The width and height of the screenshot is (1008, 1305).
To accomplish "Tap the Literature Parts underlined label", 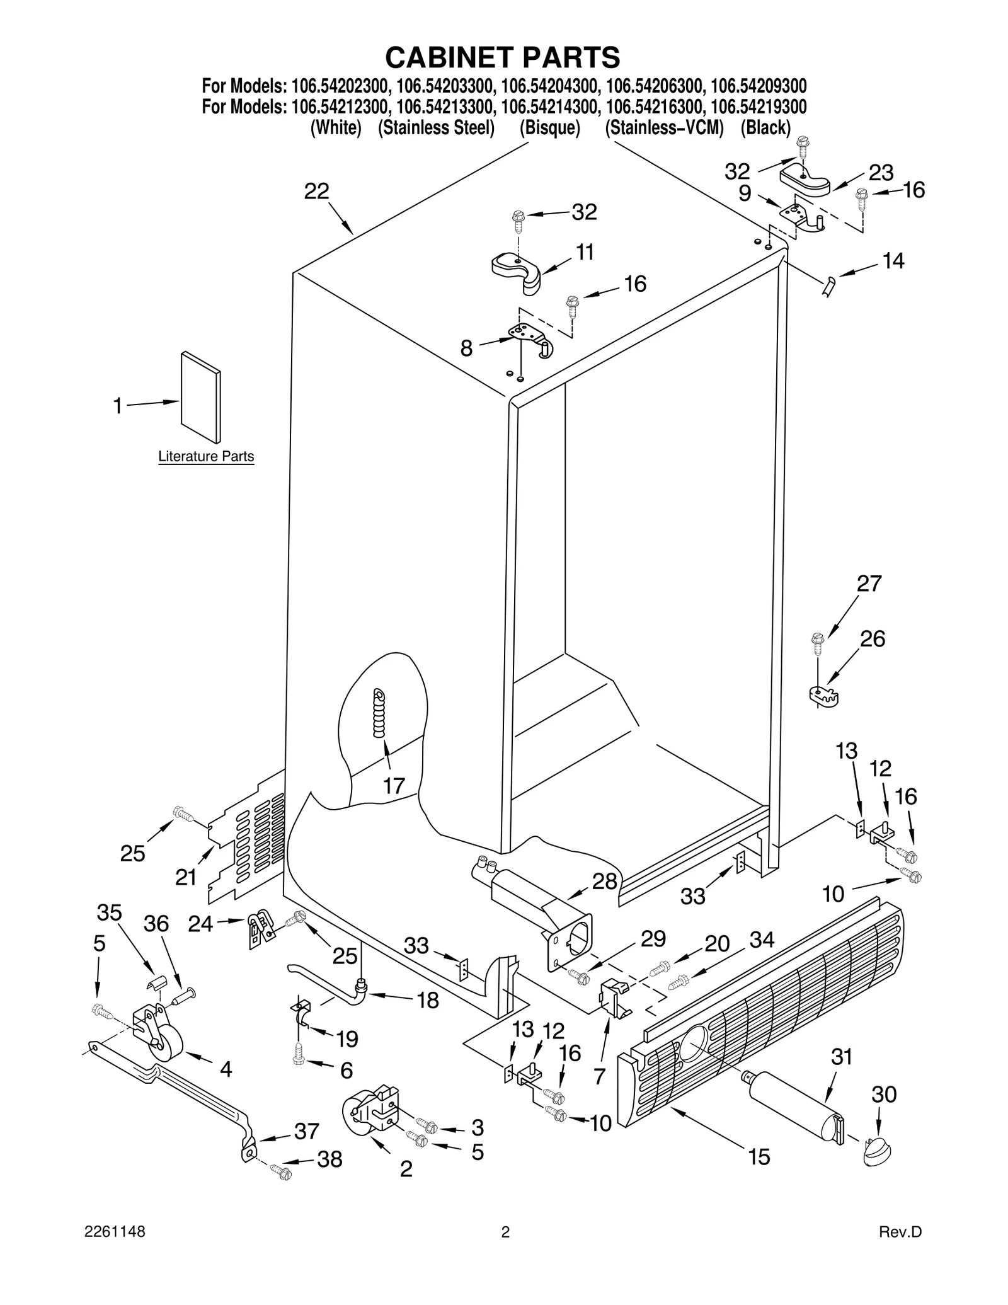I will click(x=206, y=456).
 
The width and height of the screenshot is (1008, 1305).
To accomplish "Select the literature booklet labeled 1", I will click(x=200, y=398).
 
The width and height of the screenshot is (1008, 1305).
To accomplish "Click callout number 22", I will click(x=316, y=191).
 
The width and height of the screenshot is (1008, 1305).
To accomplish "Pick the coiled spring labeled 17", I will click(x=379, y=713).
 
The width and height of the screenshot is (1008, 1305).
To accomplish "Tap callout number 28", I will click(x=604, y=881).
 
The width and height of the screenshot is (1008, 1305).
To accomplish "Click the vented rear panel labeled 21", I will click(x=246, y=841).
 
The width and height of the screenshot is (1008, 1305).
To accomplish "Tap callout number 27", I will click(x=869, y=584).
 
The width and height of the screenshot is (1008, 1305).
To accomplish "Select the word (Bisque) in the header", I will click(x=549, y=128).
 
